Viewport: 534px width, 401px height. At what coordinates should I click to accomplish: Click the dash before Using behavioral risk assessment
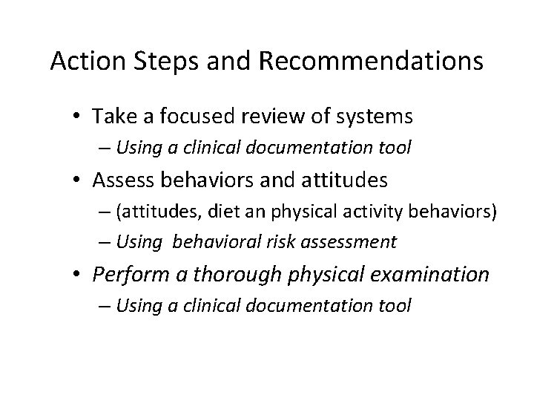pos(101,241)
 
